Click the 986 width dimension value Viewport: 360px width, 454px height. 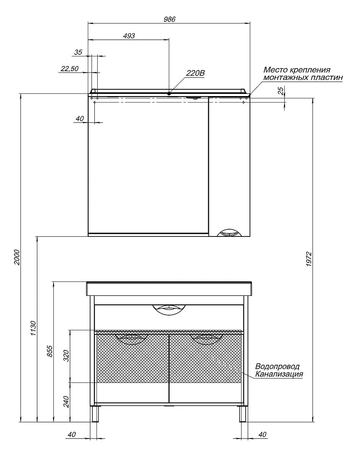coord(169,19)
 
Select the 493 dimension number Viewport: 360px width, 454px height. coord(129,36)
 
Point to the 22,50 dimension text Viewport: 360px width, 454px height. coord(70,68)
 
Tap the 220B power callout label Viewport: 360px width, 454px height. coord(195,73)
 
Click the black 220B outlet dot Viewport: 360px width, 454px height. coord(169,94)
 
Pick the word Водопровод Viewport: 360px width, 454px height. coord(277,366)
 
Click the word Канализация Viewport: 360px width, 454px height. coord(279,374)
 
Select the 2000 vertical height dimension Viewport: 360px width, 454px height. coord(17,257)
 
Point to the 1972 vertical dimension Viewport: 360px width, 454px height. coord(309,259)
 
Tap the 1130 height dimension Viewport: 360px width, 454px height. coord(33,328)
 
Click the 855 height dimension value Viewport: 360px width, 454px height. coord(50,351)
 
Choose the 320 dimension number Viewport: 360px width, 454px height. coord(66,356)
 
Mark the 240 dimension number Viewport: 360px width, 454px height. coord(66,402)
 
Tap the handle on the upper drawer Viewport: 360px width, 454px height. coord(169,310)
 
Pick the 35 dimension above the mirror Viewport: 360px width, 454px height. coord(78,52)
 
